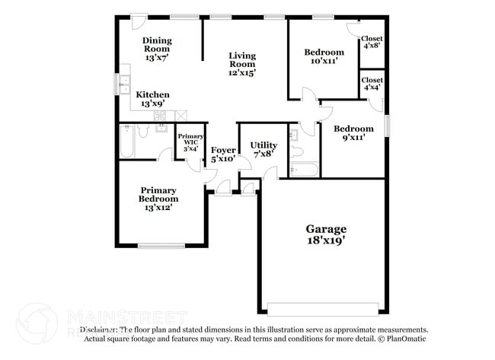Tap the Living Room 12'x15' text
point(243,64)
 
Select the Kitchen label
point(153,99)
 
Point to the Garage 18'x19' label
point(326,234)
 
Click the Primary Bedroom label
point(158,199)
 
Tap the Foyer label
point(223,154)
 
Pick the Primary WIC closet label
point(190,142)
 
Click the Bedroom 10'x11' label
point(324,57)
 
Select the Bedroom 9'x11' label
point(354,134)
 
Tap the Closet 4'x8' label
point(372,43)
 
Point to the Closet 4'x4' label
point(372,84)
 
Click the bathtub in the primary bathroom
point(128,142)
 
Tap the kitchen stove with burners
point(161,116)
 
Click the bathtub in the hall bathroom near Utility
point(304,169)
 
